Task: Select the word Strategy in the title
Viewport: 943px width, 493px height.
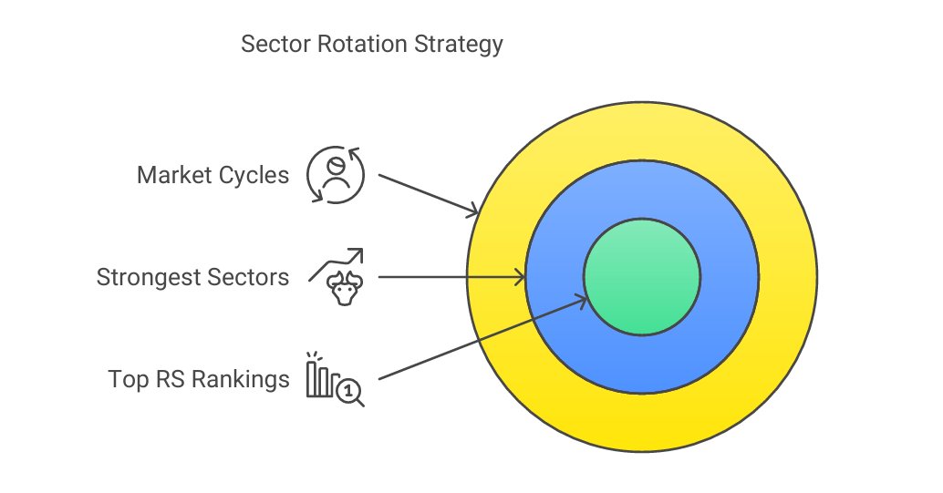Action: [456, 45]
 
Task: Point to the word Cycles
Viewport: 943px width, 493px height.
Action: [255, 174]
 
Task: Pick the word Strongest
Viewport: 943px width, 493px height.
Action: [149, 276]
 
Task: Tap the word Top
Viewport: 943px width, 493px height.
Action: [127, 379]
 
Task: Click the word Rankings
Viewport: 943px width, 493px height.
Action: [240, 379]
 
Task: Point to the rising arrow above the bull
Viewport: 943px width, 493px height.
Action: [337, 262]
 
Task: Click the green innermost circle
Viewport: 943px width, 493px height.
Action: [641, 277]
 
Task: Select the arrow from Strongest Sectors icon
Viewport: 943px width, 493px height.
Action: [451, 276]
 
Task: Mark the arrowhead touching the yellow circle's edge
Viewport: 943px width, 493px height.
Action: [473, 212]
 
